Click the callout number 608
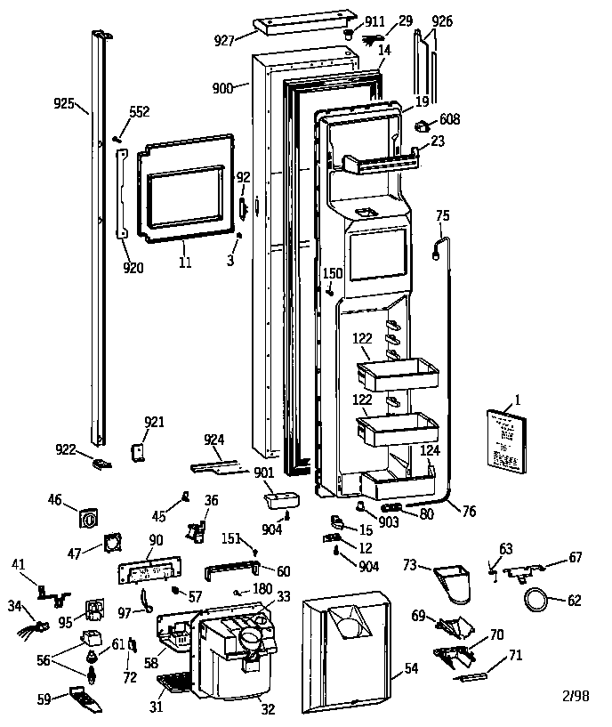pos(450,118)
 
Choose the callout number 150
pos(332,272)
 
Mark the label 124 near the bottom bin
pos(430,451)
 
